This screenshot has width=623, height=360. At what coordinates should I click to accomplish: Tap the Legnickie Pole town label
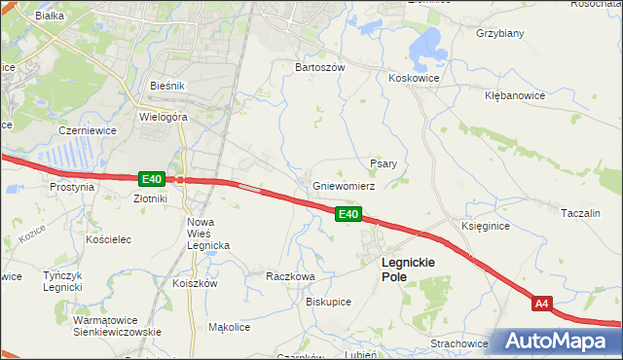[x=408, y=270]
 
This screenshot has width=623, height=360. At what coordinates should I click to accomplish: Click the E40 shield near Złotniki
[x=151, y=179]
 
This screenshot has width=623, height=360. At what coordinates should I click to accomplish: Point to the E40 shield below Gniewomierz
[x=349, y=214]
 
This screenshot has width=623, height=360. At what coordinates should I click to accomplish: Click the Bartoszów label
[x=320, y=68]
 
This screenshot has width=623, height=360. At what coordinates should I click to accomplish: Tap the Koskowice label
[x=414, y=78]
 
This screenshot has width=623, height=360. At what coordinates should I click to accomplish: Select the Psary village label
[x=383, y=163]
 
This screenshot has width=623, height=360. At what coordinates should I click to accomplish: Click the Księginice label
[x=485, y=226]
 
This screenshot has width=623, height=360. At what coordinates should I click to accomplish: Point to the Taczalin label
[x=585, y=212]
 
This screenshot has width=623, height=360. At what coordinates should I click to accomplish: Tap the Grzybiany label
[x=500, y=33]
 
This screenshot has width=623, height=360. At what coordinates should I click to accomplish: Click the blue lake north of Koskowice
[x=426, y=44]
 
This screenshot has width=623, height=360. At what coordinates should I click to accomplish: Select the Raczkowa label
[x=290, y=276]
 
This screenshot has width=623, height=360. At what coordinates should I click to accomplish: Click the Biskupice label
[x=328, y=302]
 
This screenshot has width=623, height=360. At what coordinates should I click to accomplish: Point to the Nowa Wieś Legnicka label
[x=207, y=234]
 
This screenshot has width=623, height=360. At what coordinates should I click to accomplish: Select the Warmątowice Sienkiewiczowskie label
[x=117, y=325]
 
